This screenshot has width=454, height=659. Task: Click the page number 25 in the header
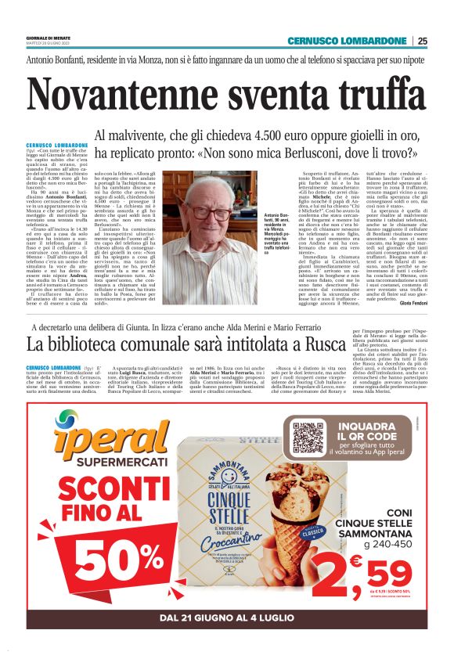click(x=422, y=41)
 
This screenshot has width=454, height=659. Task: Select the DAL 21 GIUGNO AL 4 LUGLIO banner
click(x=226, y=618)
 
